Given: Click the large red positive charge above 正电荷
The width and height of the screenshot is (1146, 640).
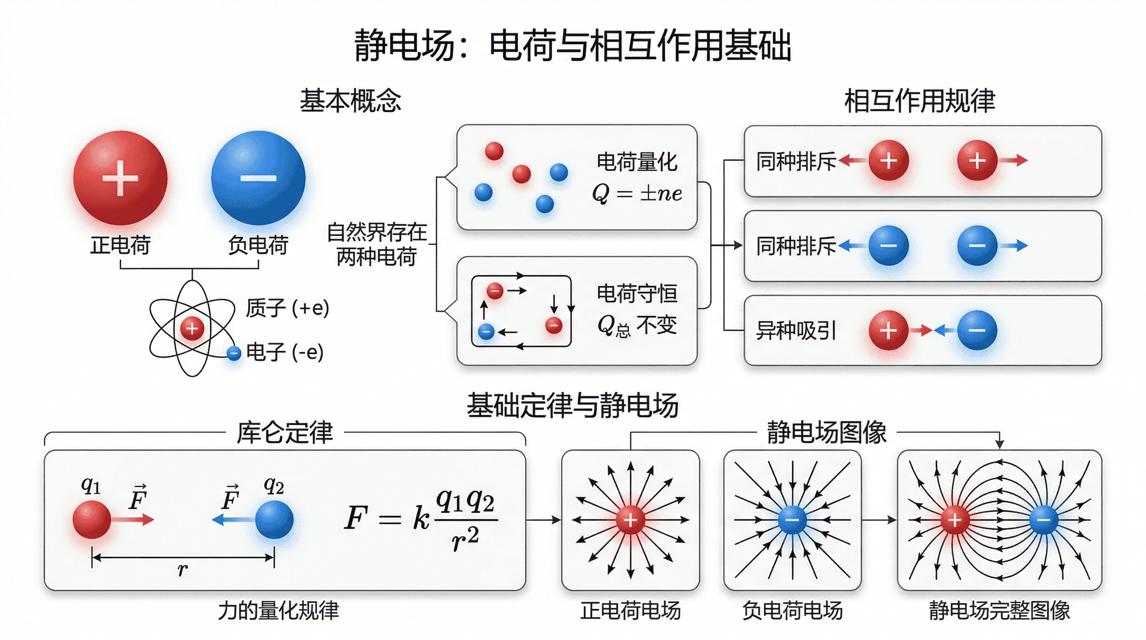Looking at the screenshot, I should tap(120, 178).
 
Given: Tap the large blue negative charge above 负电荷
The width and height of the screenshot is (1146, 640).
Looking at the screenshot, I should tap(258, 178).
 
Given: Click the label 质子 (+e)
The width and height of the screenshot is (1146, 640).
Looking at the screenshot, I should tap(287, 308).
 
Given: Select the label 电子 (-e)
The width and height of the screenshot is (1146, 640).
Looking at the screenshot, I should tap(285, 352).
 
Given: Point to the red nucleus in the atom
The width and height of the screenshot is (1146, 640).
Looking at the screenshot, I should tap(192, 328).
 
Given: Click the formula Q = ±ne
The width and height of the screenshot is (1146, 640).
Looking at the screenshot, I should tap(636, 193).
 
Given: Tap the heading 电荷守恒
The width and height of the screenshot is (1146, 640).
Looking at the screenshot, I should tap(637, 294).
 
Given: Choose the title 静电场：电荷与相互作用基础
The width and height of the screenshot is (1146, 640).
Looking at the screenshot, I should tap(573, 45).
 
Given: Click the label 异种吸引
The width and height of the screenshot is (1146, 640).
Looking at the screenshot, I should tap(796, 330).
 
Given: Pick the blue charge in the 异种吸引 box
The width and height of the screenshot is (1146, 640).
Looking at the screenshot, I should tap(977, 330).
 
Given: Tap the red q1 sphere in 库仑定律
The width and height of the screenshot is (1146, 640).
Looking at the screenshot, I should tap(92, 519).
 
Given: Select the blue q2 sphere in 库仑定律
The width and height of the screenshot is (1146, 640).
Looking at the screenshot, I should tap(274, 519).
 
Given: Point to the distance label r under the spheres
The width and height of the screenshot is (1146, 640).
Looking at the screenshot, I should tap(183, 570).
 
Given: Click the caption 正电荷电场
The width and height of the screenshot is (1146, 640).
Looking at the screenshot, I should tap(630, 610).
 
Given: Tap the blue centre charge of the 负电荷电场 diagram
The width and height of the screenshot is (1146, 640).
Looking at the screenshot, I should tap(792, 520).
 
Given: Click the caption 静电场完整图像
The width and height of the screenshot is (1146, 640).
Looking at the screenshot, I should tap(999, 610).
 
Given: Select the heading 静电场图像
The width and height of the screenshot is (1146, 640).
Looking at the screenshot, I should tap(827, 432).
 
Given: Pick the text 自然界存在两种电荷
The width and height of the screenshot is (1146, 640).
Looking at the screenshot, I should tap(377, 244).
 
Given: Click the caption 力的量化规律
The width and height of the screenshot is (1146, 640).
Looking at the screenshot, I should tap(278, 610).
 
